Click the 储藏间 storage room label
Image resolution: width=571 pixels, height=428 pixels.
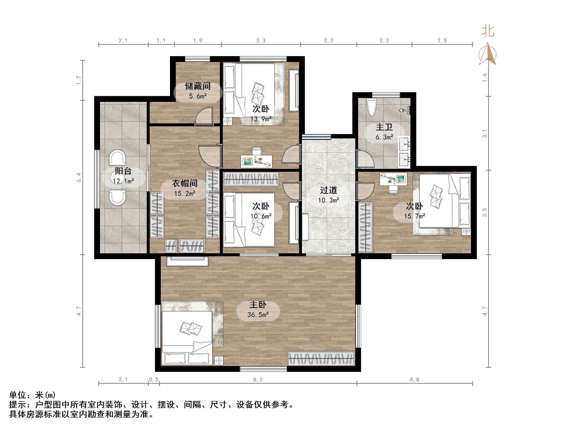point(198,86)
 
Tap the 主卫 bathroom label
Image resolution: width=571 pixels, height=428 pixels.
point(384,127)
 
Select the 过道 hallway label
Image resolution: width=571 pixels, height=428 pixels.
point(328,190)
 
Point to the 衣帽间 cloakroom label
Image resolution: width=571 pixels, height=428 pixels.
point(185,183)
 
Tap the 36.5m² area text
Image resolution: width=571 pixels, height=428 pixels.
point(258,315)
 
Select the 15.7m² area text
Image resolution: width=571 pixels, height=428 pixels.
point(414,216)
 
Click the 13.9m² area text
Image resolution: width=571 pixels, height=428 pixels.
point(261,119)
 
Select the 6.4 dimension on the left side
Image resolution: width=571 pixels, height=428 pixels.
point(79,177)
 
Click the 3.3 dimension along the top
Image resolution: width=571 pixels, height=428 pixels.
point(261,40)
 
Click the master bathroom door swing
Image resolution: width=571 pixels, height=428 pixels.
point(365,159)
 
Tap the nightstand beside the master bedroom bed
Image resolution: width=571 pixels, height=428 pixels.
point(219,360)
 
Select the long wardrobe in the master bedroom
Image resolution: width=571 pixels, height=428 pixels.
point(321,359)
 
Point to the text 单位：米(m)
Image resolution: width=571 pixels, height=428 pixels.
point(32,395)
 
